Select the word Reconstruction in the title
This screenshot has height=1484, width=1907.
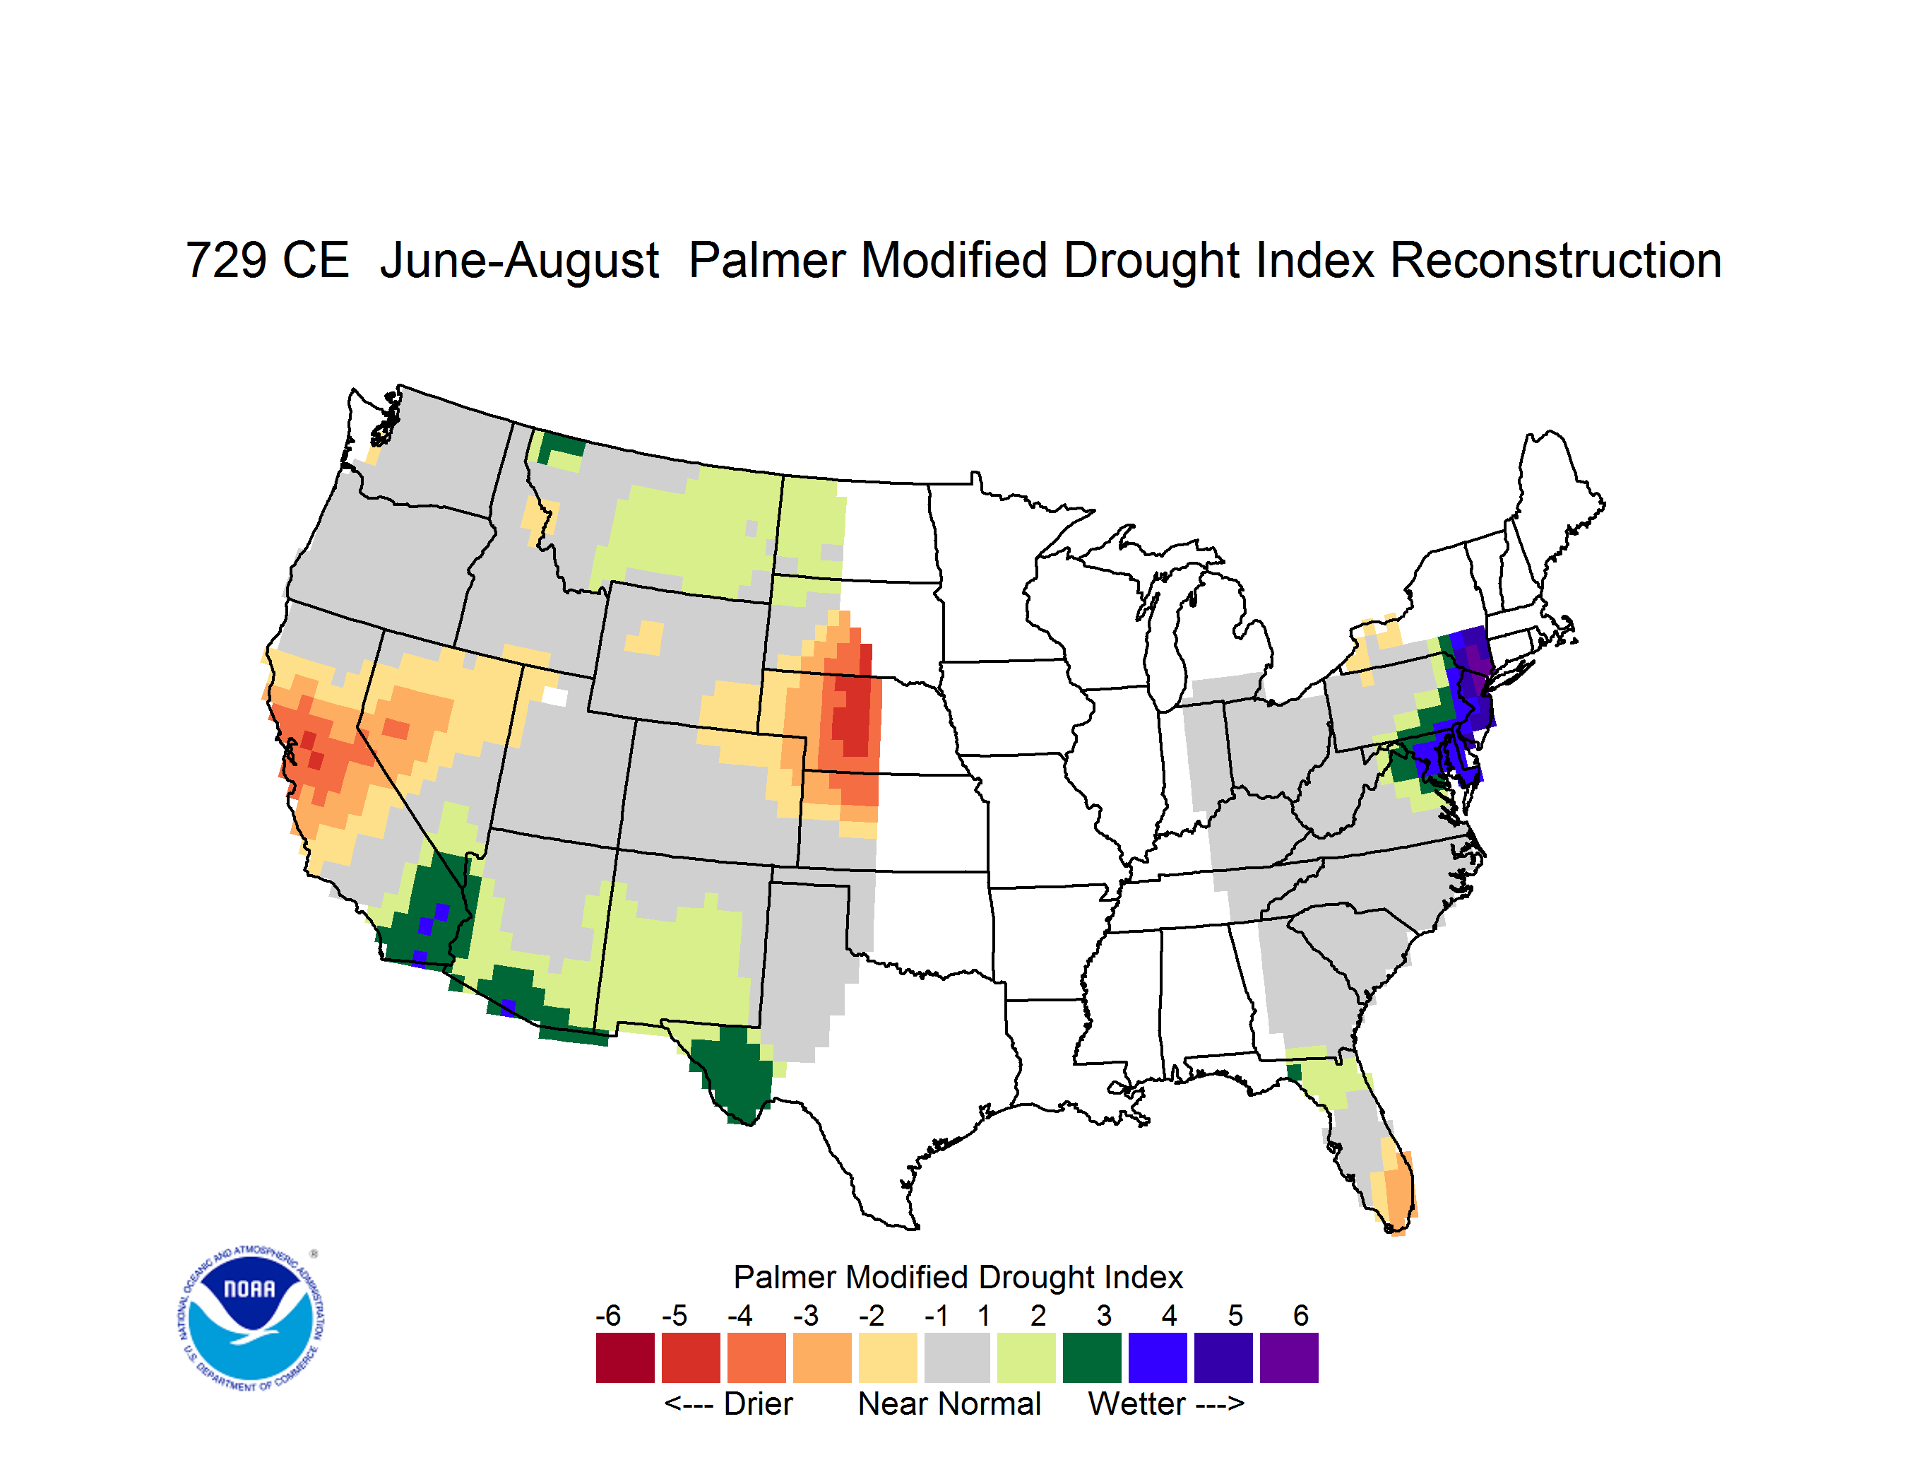(1555, 260)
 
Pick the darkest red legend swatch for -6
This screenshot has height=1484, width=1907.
(625, 1358)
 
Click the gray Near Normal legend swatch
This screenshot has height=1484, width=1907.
(957, 1358)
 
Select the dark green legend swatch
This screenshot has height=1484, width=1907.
(1091, 1358)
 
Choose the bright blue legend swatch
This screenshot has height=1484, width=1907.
(1158, 1358)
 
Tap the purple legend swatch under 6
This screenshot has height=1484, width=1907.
(1289, 1358)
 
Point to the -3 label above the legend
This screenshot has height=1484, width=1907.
(805, 1315)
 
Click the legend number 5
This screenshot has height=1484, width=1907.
(1235, 1315)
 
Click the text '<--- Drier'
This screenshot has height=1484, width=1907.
(729, 1403)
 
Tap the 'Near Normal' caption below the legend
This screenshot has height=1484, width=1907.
(949, 1403)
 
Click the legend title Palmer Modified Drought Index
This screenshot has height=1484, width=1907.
(958, 1277)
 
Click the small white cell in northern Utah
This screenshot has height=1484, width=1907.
(555, 696)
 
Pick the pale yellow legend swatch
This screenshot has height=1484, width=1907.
(888, 1358)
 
